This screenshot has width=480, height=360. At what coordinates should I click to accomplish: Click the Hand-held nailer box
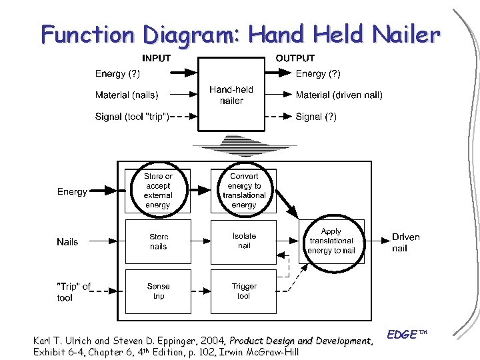click(x=231, y=95)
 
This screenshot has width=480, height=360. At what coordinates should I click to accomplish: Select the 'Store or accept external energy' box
click(x=158, y=191)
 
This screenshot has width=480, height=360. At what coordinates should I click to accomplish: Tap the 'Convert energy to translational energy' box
click(x=244, y=191)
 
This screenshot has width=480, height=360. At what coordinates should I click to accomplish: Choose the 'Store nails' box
click(x=159, y=241)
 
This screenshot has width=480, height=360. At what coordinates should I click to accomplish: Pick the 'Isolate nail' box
click(x=244, y=241)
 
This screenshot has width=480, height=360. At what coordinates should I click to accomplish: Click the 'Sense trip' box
click(x=159, y=291)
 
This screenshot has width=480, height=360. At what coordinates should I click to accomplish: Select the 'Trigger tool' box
click(x=244, y=291)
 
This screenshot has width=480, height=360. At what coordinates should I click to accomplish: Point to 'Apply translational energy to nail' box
click(x=331, y=241)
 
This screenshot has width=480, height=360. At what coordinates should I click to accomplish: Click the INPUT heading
click(x=156, y=58)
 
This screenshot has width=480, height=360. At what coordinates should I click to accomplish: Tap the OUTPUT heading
click(x=295, y=58)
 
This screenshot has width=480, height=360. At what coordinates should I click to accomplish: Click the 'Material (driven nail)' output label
click(x=339, y=95)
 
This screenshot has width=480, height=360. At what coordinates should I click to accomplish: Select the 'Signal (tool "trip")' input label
click(x=132, y=117)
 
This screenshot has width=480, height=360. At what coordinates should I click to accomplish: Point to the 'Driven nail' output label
click(x=405, y=242)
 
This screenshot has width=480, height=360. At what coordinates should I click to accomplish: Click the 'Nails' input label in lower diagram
click(x=67, y=242)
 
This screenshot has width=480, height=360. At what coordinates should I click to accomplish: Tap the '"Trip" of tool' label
click(x=73, y=292)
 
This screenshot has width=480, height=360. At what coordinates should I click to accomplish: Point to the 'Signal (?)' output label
click(x=316, y=117)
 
